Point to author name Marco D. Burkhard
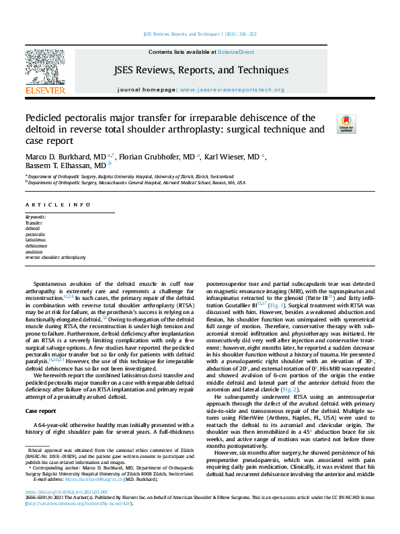click(58, 156)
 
